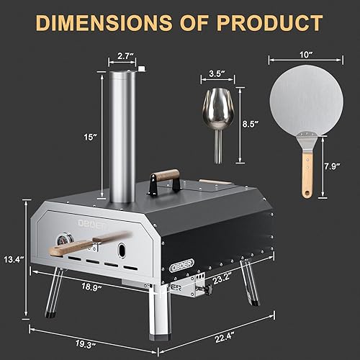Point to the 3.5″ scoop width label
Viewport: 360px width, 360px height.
click(x=209, y=73)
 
